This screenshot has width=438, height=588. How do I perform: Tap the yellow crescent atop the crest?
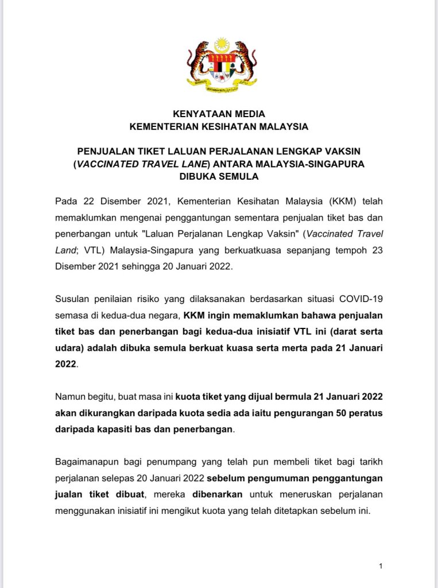[x=222, y=44]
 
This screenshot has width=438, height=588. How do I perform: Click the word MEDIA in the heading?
[x=247, y=114]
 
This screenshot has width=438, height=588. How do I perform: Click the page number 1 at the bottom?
[x=381, y=566]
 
